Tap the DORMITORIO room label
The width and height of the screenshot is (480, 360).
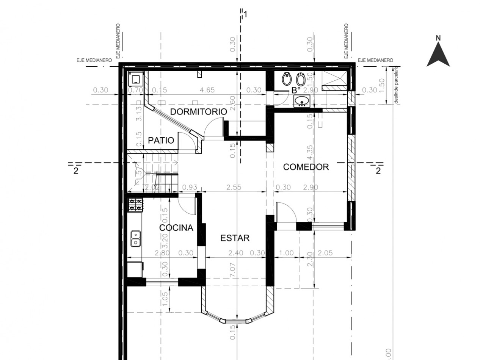(198, 112)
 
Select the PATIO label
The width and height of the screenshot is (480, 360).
(161, 141)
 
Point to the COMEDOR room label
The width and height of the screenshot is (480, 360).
(306, 167)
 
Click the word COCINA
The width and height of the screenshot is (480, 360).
(176, 228)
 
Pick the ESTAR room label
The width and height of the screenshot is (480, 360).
(235, 238)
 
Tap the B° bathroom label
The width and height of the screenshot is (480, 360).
(296, 90)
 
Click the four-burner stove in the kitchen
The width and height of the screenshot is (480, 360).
(136, 205)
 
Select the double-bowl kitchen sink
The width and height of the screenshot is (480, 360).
(135, 238)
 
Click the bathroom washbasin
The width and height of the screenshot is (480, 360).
(302, 101)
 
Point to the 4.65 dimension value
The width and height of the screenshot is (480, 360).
(207, 90)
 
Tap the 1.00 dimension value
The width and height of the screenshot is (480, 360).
(286, 253)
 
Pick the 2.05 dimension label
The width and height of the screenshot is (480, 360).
(325, 253)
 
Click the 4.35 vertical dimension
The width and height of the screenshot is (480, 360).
(310, 154)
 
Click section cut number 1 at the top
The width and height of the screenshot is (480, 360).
(246, 14)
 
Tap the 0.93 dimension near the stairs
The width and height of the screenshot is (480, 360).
(190, 187)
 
